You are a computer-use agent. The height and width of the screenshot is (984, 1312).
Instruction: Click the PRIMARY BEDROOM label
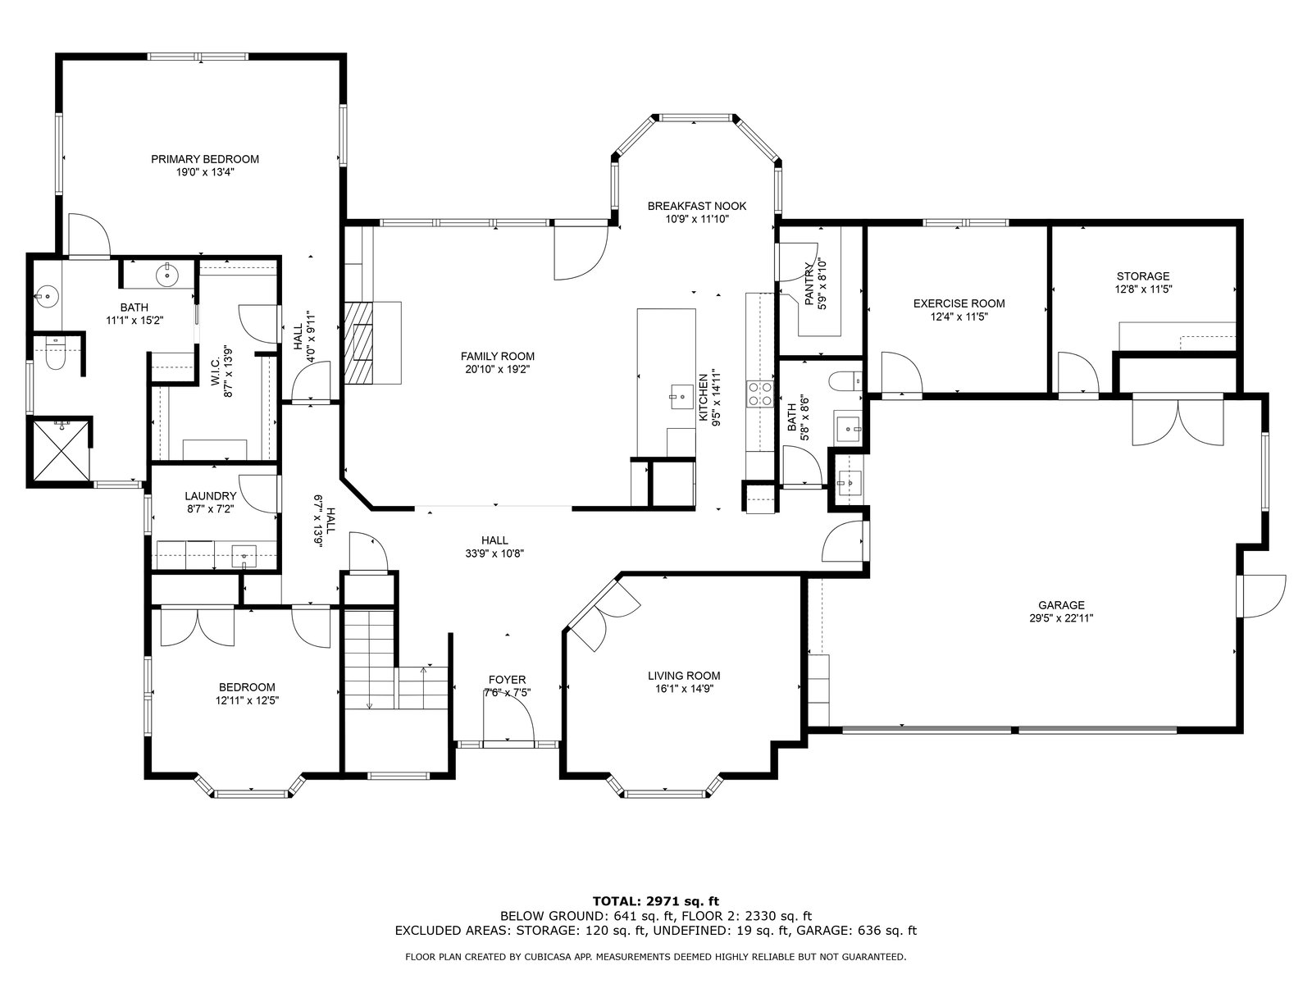204,160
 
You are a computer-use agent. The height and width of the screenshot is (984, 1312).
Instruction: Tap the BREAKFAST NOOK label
697,206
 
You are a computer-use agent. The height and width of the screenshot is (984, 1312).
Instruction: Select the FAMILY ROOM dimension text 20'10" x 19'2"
497,370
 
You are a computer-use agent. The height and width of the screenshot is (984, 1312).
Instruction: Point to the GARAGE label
1061,605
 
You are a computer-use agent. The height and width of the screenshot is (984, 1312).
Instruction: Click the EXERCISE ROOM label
959,303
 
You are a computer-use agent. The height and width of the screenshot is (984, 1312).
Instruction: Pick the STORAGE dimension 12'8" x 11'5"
1143,289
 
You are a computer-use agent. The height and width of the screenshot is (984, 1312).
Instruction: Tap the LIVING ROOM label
684,676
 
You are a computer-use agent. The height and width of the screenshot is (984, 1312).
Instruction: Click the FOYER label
507,680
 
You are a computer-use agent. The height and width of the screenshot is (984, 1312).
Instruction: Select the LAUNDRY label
211,496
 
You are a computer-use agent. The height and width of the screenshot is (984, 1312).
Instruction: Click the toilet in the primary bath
55,353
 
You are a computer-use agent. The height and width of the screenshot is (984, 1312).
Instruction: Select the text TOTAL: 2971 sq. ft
656,901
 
